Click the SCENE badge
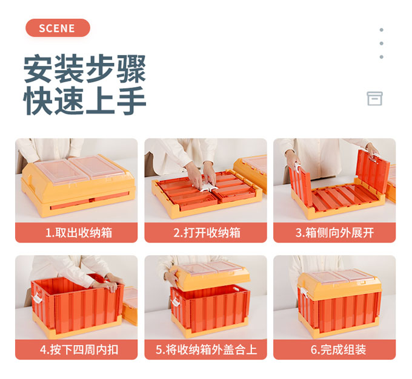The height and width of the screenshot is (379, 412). [58, 28]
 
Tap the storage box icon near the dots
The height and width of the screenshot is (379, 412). [374, 99]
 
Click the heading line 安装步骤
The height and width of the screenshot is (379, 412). [85, 69]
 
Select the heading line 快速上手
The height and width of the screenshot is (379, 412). [85, 100]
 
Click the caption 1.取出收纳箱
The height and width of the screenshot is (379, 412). [79, 233]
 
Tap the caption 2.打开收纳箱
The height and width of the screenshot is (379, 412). [207, 233]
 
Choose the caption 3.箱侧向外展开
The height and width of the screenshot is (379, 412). [334, 233]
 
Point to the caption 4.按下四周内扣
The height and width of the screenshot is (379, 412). [79, 349]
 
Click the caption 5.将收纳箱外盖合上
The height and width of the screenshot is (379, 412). [206, 349]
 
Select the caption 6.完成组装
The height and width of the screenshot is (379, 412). [339, 349]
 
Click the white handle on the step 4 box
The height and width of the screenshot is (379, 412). [37, 298]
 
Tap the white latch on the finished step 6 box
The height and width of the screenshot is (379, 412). [303, 293]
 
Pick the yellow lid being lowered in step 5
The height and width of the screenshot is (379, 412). [210, 276]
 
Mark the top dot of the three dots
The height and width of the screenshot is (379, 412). [381, 30]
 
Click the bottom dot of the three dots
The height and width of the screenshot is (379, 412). [381, 57]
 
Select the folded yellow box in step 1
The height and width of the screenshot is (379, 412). [78, 186]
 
